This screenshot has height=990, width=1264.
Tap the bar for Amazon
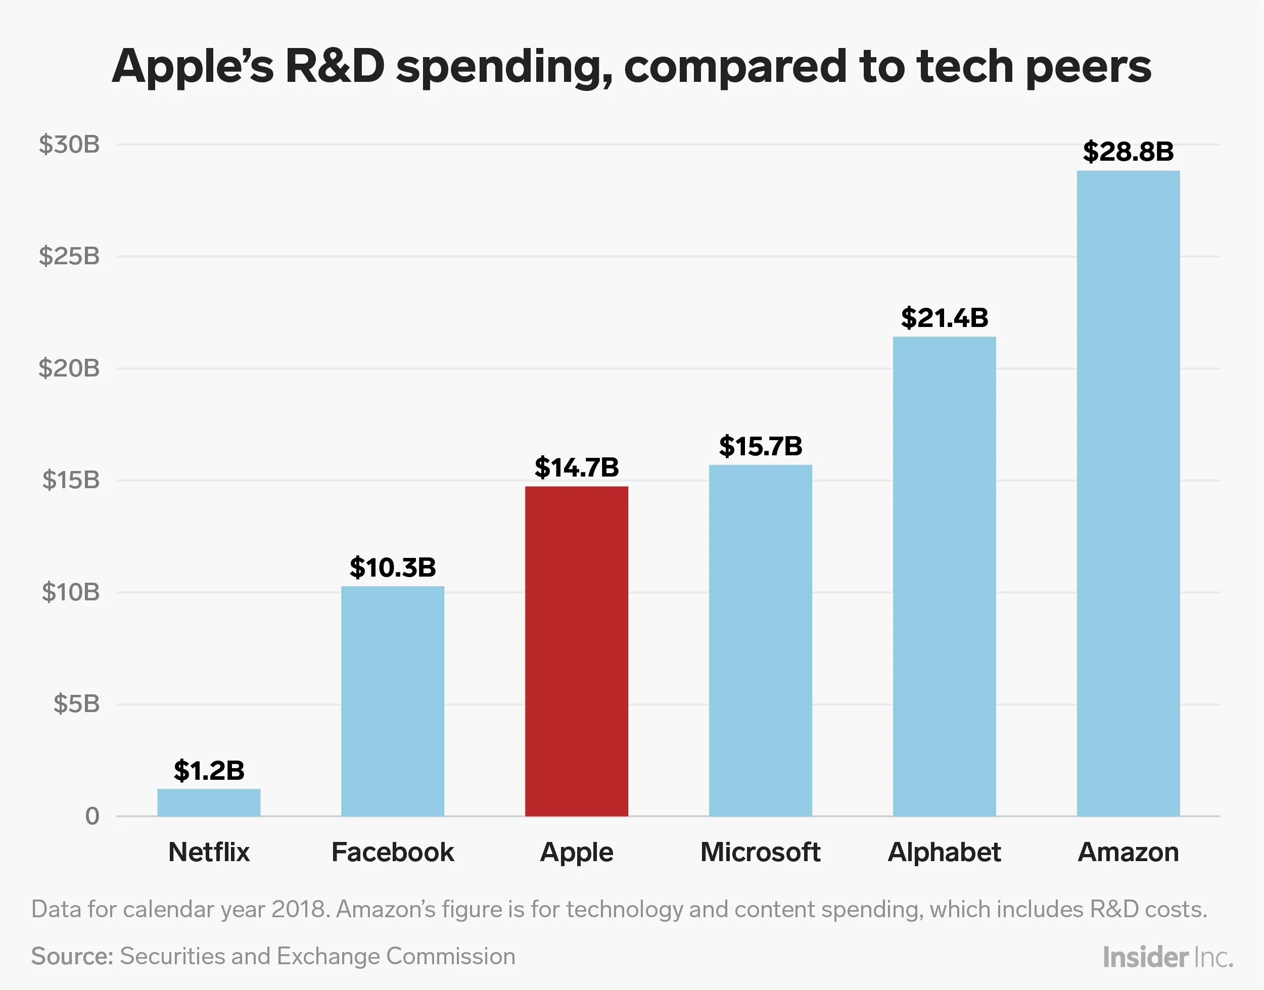click(1128, 493)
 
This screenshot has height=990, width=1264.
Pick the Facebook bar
click(392, 701)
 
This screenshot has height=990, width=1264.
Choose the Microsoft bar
click(760, 640)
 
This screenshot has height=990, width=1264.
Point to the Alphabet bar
click(944, 576)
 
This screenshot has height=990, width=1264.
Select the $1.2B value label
click(209, 770)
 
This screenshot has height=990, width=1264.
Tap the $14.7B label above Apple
click(576, 467)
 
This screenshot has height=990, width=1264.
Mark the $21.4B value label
click(944, 318)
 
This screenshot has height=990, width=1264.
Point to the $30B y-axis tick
click(69, 145)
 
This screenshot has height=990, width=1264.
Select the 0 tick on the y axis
click(92, 816)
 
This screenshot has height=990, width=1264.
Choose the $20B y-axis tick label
click(69, 368)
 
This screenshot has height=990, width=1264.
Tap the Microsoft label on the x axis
click(760, 852)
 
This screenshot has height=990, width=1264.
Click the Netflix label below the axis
click(209, 852)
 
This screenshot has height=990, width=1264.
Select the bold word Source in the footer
click(72, 956)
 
